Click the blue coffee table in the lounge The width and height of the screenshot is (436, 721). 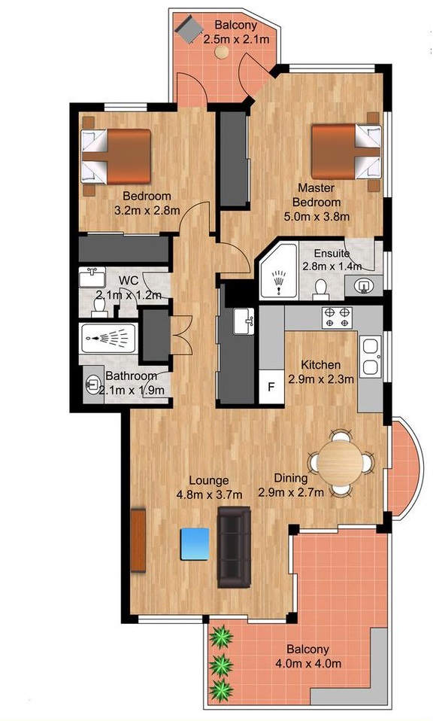195,543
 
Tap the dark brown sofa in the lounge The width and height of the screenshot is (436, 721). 235,547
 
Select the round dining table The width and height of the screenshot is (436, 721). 341,463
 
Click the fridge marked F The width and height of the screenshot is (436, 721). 271,387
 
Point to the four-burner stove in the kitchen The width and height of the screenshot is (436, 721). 337,318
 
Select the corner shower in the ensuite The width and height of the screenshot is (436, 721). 278,271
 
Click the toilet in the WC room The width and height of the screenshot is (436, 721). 99,308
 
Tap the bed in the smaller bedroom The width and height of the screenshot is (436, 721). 116,156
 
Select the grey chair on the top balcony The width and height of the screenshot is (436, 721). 189,29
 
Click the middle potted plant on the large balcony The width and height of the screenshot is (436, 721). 221,664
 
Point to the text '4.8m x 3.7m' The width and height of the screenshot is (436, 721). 209,494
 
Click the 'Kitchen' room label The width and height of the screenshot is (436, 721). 321,365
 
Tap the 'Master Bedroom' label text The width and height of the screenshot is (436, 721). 316,195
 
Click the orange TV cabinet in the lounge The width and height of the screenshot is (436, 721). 138,540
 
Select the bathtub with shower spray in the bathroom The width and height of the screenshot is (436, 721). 108,339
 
